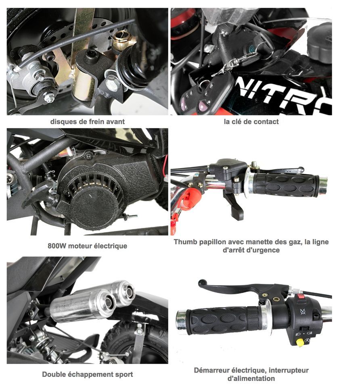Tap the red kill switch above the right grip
[301, 296]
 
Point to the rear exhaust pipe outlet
[128, 292]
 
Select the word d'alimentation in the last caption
[251, 379]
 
